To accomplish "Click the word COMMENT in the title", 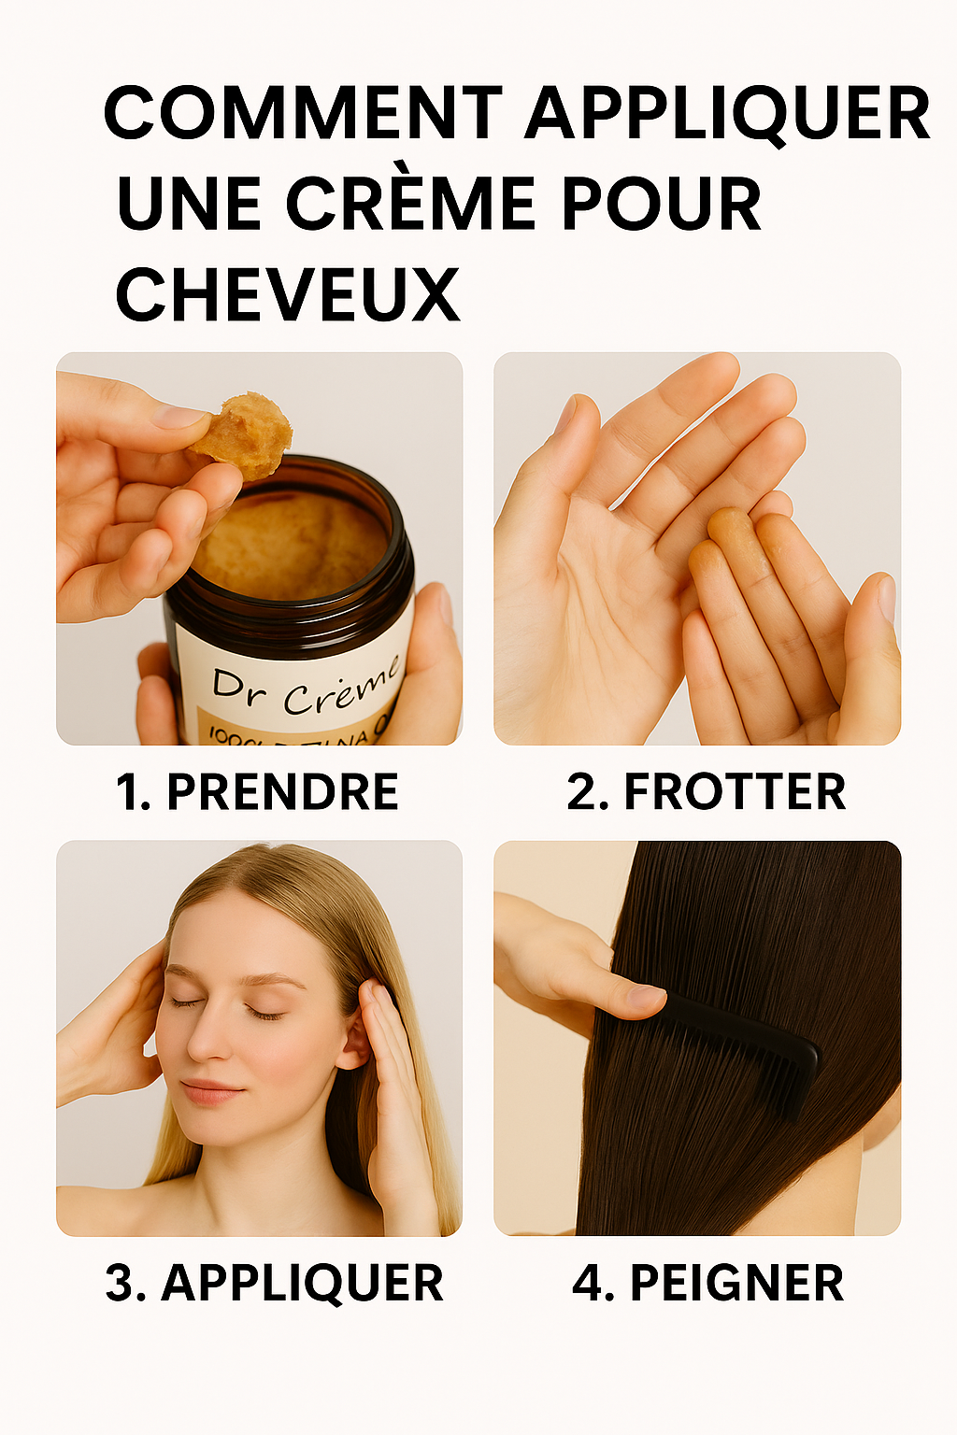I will [303, 114].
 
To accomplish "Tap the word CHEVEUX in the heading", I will [287, 294].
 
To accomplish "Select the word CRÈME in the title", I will [410, 204].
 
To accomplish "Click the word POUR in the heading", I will [661, 204].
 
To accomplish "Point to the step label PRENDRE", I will [282, 792].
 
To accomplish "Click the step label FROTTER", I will [735, 792].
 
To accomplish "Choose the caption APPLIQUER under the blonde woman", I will [302, 1283].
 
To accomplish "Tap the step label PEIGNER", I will [736, 1283].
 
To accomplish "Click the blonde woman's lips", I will [211, 1091].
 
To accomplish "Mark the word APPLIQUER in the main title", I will [727, 114].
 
